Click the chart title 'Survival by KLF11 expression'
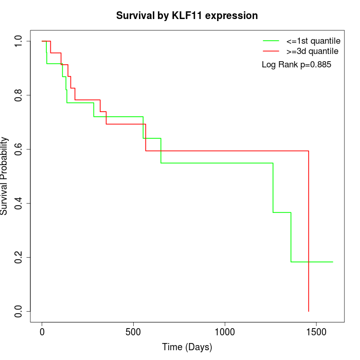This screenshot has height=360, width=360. click(x=187, y=15)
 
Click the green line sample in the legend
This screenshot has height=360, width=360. click(x=271, y=41)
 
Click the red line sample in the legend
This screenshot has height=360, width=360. click(x=271, y=51)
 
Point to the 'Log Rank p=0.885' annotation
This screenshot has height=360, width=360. click(x=296, y=65)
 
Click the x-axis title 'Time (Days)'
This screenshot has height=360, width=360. click(x=187, y=347)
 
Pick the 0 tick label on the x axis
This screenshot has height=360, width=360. click(x=42, y=332)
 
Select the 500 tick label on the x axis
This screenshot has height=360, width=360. click(x=134, y=332)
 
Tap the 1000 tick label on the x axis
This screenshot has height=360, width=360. click(x=225, y=332)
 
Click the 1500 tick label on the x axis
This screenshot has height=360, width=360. click(x=317, y=332)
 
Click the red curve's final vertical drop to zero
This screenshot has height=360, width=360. click(x=309, y=231)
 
